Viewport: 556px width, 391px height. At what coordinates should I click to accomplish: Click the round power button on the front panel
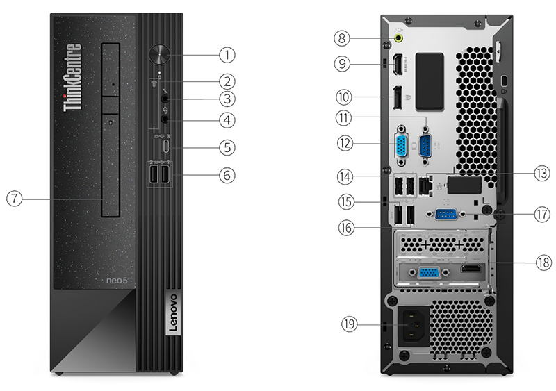(160, 54)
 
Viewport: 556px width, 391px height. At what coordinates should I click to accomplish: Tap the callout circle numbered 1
(227, 55)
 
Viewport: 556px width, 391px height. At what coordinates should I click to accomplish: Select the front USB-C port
(166, 146)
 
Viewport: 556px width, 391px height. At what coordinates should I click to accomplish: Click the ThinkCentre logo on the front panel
(72, 77)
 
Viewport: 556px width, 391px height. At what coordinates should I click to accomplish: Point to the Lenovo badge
(173, 313)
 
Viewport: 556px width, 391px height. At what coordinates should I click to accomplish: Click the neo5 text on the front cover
(117, 281)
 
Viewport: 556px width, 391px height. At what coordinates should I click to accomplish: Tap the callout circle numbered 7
(14, 199)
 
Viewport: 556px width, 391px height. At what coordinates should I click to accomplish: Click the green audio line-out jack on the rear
(399, 38)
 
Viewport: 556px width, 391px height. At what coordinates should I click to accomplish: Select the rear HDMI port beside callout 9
(398, 65)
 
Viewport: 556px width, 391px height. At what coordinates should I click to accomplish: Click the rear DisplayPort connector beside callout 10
(397, 97)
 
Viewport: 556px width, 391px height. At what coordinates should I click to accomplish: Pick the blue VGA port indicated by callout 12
(402, 146)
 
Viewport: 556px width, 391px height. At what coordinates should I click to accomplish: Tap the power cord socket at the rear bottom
(414, 326)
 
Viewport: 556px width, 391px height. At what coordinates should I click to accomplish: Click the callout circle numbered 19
(350, 324)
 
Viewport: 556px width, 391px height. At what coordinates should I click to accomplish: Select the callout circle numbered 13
(541, 174)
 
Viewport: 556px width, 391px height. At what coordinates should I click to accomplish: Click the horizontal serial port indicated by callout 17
(446, 215)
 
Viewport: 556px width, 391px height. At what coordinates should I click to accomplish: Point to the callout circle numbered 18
(543, 263)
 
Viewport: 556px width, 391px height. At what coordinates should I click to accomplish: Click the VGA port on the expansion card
(429, 273)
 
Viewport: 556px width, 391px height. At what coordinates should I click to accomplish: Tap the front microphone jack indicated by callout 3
(165, 98)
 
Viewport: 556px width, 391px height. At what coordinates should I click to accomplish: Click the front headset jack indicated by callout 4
(165, 119)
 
